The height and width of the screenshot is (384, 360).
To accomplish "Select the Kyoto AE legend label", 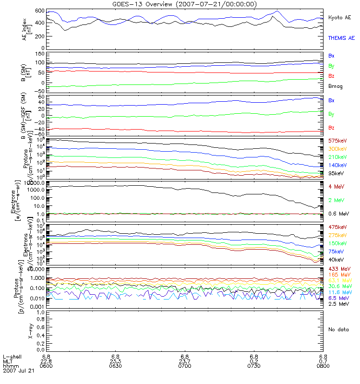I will tap(339, 17).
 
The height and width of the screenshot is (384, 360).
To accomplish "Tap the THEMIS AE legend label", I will tap(341, 37).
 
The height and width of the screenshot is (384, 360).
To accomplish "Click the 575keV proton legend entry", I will tap(337, 141).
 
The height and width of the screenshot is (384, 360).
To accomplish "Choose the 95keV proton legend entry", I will tap(336, 173).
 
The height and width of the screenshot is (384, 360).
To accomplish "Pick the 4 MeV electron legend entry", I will tap(336, 186).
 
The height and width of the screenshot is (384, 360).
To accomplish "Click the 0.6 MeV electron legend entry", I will tap(337, 214).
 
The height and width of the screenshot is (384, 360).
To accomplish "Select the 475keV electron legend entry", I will tap(337, 227).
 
